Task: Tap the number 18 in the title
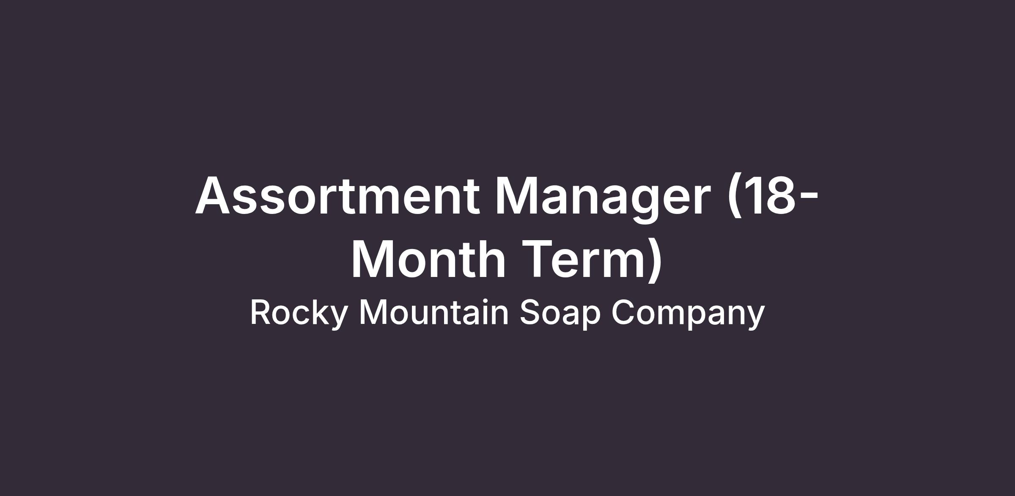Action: click(769, 196)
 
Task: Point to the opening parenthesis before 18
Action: click(735, 197)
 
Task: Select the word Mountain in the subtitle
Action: click(434, 312)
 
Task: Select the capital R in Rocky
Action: click(261, 312)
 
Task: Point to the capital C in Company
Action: click(623, 312)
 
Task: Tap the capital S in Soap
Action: click(530, 312)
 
